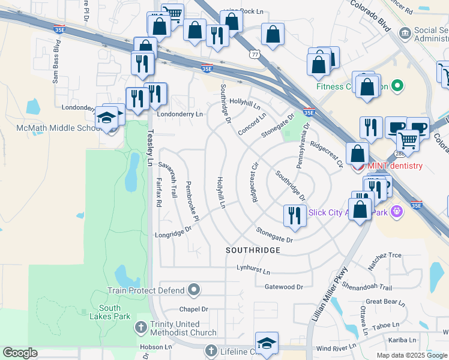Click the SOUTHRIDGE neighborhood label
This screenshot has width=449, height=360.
[253, 250]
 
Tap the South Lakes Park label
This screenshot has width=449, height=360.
[114, 312]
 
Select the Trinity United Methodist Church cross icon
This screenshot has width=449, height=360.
[140, 328]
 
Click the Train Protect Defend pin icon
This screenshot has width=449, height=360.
[193, 290]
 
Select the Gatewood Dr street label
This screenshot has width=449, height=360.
[280, 287]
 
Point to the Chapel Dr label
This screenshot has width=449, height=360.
[193, 310]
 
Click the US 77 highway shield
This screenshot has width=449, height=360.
[255, 55]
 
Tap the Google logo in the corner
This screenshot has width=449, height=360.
[20, 353]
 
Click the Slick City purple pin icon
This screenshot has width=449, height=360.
[396, 211]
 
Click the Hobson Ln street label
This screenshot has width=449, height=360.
[155, 347]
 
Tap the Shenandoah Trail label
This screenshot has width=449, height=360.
[367, 287]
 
